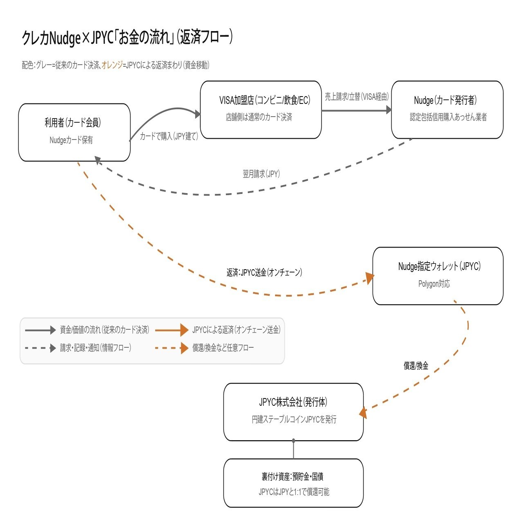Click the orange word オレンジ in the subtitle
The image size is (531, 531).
pos(112,65)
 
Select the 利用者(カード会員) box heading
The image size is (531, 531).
pos(72,122)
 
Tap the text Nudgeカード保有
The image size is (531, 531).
pos(71,140)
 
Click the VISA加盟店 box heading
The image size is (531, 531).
pos(265,100)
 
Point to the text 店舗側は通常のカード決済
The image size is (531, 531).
pos(259,117)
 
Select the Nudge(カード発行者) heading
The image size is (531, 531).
pos(445,100)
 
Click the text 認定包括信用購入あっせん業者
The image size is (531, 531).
pos(448,117)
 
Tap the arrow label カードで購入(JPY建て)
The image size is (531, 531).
pos(169,136)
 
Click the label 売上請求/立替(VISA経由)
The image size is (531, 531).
pos(357,97)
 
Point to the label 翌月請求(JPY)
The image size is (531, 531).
pos(261,174)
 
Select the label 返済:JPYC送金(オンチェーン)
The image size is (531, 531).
pos(264,272)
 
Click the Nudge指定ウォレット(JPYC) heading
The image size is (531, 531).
pos(439,266)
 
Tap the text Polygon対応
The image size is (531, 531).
pos(434,283)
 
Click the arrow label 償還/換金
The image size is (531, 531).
pos(416,366)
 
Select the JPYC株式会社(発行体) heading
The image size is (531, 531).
pos(293,402)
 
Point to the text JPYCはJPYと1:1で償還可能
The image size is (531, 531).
pos(294,492)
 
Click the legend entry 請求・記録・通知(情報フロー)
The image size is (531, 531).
pos(95,348)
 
